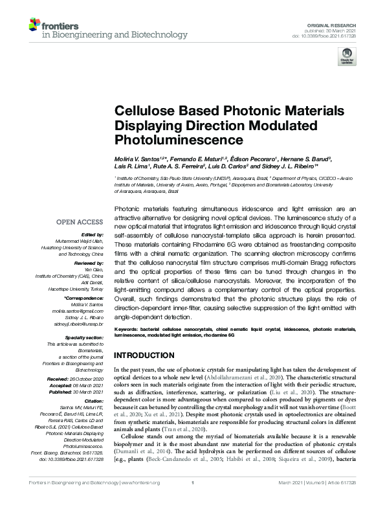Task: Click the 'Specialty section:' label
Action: tap(87, 337)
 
